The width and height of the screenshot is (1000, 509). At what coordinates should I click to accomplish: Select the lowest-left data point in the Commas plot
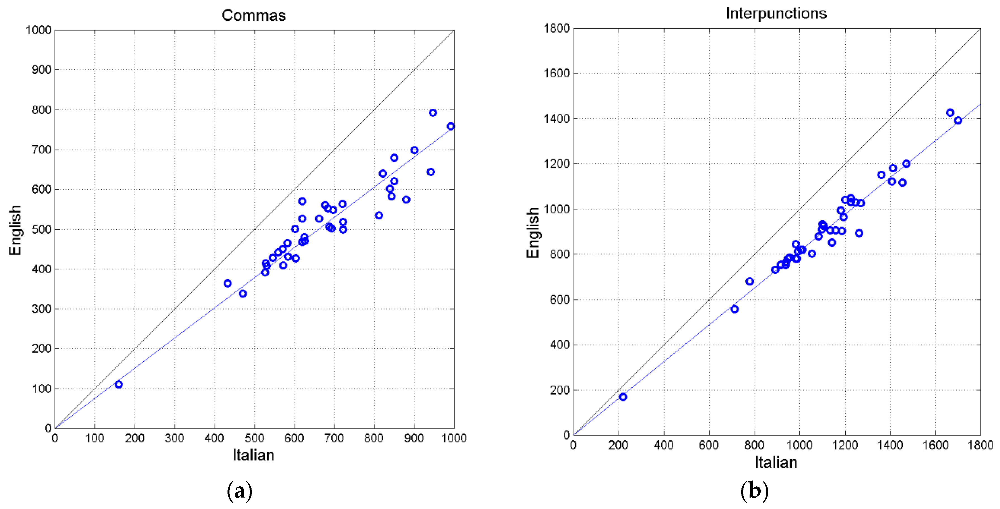click(119, 384)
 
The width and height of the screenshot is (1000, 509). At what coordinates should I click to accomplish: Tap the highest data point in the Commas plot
click(433, 113)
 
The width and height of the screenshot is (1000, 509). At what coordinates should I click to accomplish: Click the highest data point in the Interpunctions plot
click(950, 113)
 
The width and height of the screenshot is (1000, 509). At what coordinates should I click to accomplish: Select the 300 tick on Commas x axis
click(174, 438)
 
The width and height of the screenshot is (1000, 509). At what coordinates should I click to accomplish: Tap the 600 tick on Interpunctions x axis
click(709, 445)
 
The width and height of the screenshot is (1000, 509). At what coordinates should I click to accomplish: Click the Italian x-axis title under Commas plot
click(253, 455)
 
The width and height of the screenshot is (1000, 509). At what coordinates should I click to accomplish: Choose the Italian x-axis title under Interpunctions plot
click(776, 462)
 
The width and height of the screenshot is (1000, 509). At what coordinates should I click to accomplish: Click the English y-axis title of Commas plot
click(15, 230)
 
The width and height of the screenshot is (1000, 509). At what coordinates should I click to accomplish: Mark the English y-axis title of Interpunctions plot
click(533, 232)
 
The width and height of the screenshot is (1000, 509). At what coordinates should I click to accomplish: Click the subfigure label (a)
click(240, 491)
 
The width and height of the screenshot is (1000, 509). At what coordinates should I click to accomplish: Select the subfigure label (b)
click(754, 491)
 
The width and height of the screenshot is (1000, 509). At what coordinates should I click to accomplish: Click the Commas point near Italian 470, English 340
click(243, 294)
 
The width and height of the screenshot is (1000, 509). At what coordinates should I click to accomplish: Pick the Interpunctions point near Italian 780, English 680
click(750, 281)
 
